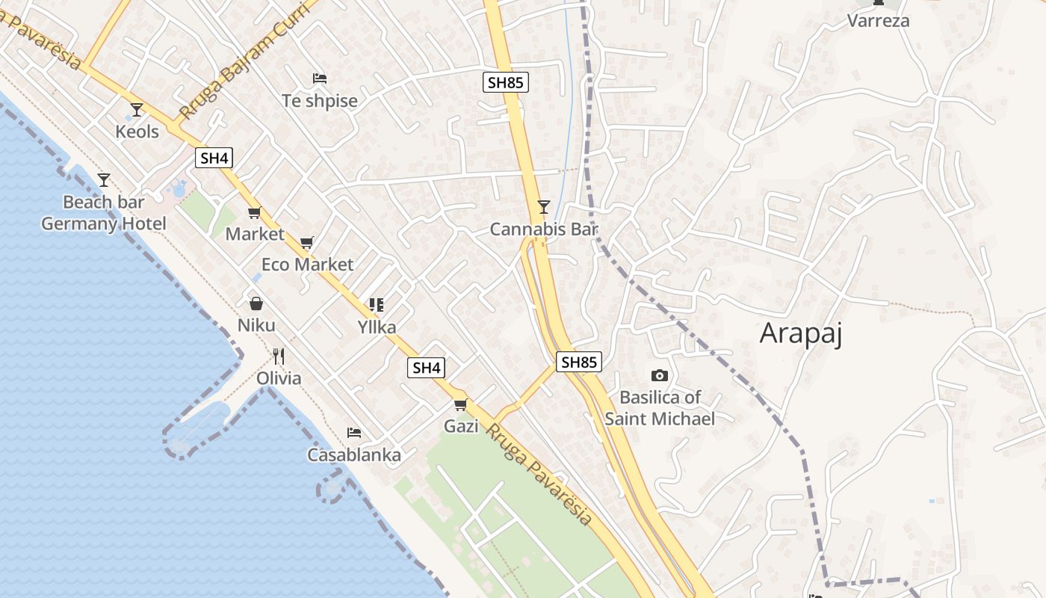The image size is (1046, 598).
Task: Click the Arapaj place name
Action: (801, 333)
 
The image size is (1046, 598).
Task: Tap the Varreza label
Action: (878, 20)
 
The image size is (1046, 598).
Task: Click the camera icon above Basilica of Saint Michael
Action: (659, 375)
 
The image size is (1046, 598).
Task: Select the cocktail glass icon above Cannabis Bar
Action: (544, 207)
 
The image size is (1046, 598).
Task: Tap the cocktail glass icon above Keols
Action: (136, 110)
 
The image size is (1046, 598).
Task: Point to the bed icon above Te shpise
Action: (320, 78)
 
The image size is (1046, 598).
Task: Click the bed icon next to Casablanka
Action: (354, 433)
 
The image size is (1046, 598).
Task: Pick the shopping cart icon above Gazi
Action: (460, 405)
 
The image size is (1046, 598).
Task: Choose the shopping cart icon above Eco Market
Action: (306, 243)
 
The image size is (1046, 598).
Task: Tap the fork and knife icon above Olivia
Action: (279, 356)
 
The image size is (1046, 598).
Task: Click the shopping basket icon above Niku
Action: (256, 303)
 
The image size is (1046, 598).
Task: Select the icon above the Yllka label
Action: (376, 305)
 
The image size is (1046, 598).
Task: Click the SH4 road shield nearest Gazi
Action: (427, 367)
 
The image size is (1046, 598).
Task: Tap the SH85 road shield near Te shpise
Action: (506, 82)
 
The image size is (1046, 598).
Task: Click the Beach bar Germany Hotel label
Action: (103, 213)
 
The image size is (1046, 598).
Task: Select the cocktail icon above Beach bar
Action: (104, 180)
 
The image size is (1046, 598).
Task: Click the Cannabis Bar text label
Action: (544, 229)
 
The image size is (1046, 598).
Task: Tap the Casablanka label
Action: (354, 454)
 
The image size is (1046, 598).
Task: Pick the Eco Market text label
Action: (307, 265)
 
